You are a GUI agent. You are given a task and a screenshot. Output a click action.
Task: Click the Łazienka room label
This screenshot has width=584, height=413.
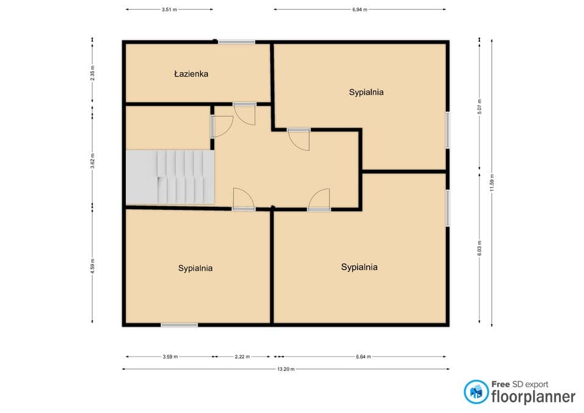(191, 74)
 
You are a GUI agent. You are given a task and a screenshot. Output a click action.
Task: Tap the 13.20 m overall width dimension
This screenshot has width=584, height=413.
(286, 369)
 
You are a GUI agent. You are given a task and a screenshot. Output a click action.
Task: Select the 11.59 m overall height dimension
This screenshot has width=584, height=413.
(492, 183)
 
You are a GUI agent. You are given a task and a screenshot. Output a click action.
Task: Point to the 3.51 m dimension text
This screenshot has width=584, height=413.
(169, 10)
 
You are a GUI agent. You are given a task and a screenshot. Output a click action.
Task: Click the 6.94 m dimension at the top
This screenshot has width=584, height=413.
(360, 10)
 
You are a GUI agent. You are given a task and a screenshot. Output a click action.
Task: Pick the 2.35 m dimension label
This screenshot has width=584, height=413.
(92, 73)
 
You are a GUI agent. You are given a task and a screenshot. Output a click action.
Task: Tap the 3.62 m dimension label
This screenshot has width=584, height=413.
(92, 161)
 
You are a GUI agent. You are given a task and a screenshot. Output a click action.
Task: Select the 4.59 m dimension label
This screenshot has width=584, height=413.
(92, 266)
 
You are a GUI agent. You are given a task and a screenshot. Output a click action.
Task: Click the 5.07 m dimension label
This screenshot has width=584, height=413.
(480, 106)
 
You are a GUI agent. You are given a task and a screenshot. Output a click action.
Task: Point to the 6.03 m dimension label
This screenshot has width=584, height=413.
(480, 248)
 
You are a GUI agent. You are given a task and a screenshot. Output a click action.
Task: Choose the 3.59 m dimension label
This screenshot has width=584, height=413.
(170, 357)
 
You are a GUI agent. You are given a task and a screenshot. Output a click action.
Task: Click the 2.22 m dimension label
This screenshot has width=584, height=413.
(242, 357)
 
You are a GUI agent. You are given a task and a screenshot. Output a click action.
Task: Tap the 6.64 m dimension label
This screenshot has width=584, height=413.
(363, 357)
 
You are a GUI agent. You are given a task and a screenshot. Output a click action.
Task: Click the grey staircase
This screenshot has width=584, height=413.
(170, 177)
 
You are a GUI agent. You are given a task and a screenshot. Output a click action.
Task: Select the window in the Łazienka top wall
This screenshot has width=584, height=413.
(237, 42)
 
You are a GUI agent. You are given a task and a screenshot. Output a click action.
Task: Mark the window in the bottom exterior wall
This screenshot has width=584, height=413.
(179, 325)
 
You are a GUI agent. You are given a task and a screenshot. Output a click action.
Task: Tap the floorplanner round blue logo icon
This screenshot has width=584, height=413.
(476, 392)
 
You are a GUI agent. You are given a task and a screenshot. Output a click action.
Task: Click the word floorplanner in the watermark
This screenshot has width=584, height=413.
(534, 397)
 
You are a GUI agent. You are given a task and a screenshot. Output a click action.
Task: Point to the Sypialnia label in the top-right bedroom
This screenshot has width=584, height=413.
(366, 92)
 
